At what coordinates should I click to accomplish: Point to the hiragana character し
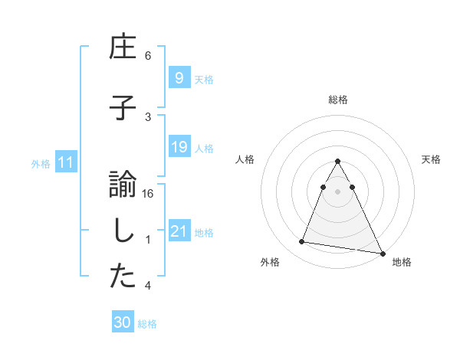[122, 232]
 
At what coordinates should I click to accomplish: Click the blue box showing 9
[179, 77]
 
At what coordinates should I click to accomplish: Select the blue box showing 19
[179, 147]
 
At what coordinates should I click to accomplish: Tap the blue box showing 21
[179, 231]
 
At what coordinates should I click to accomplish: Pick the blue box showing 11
[65, 162]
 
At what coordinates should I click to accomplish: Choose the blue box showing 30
[122, 322]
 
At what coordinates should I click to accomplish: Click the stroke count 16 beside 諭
[148, 194]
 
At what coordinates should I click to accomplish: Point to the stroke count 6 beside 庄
[148, 56]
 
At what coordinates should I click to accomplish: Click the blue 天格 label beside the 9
[203, 79]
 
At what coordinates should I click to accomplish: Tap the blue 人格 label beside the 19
[203, 148]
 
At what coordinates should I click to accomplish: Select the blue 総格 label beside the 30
[147, 324]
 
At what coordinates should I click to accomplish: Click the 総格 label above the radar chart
[338, 100]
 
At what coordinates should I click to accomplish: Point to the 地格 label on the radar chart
[402, 262]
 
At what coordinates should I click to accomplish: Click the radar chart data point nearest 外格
[301, 242]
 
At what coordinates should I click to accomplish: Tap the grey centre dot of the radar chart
[338, 191]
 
